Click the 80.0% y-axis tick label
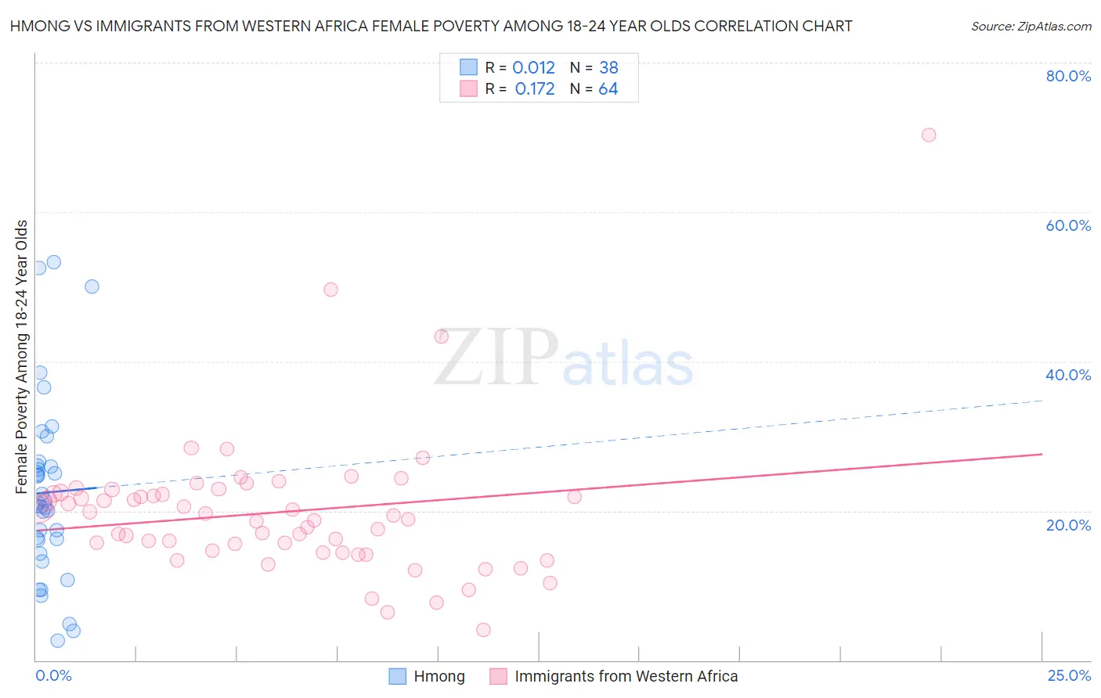[1068, 76]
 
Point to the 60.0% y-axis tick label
[1068, 225]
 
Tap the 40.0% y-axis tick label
[1068, 375]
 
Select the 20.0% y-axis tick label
[1068, 525]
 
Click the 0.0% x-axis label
[53, 675]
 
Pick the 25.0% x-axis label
[1069, 675]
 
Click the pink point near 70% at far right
[929, 135]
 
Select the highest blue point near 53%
[53, 262]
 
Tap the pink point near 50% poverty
[330, 290]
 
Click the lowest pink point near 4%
[483, 630]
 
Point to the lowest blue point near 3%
[57, 641]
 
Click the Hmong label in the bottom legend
[439, 676]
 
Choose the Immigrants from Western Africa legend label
[626, 676]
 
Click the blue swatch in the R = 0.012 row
[468, 67]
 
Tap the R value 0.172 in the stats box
[535, 89]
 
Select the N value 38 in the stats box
[608, 67]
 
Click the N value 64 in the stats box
[608, 89]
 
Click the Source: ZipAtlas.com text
[1031, 27]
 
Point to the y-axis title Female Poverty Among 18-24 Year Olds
[22, 357]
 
